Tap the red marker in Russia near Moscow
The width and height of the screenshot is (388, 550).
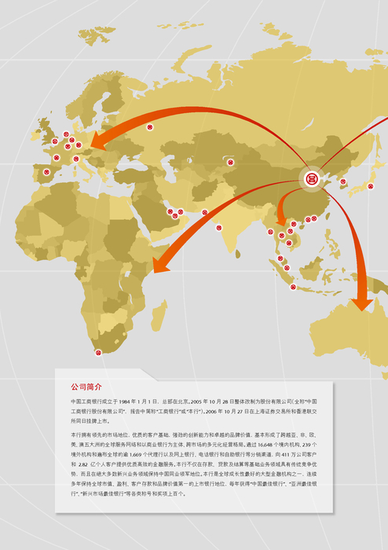[x=150, y=126]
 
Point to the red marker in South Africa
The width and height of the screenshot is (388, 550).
[x=98, y=352]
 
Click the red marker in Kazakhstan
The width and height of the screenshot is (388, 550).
[x=230, y=163]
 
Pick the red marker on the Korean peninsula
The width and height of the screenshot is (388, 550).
[x=343, y=181]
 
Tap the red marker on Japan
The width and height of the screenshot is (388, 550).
[x=370, y=187]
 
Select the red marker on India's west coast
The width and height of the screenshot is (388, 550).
[x=219, y=228]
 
